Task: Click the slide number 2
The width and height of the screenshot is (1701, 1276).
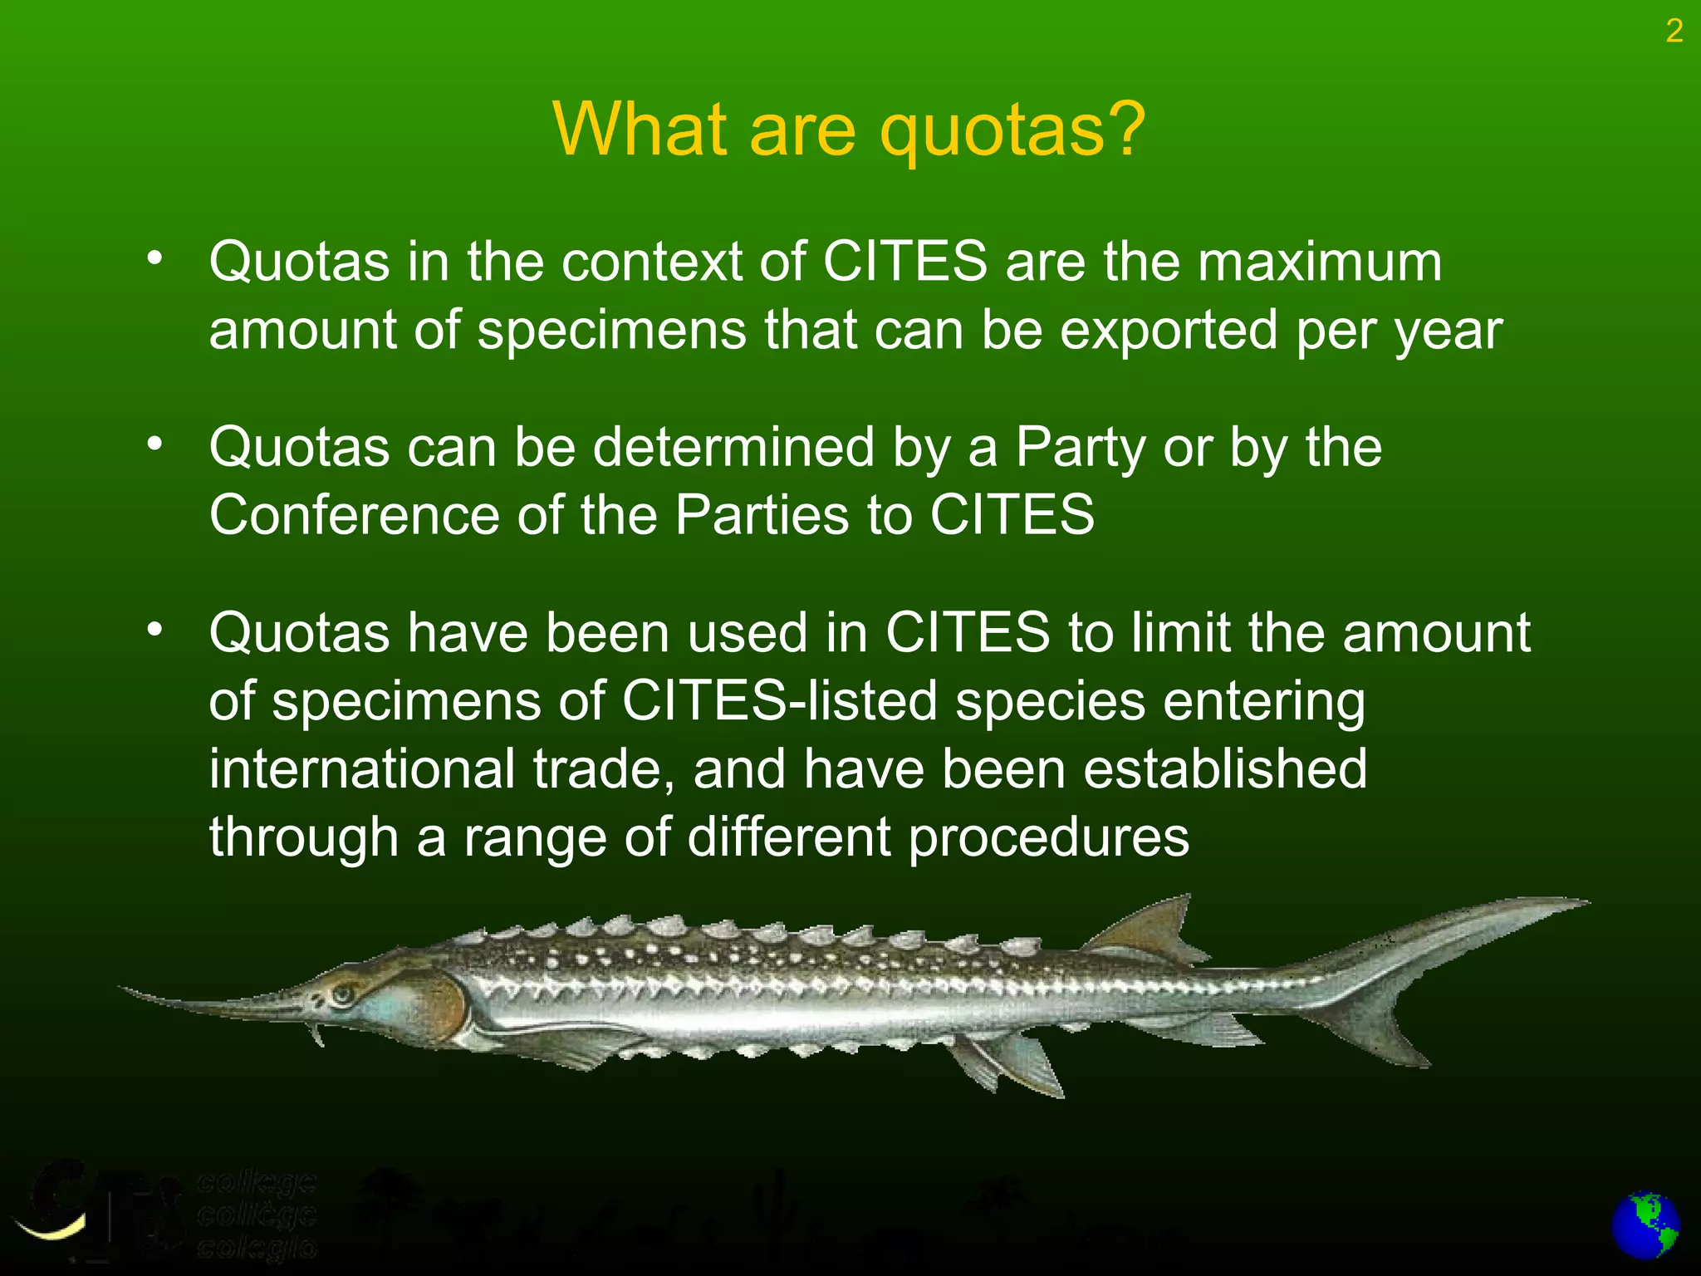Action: [1674, 32]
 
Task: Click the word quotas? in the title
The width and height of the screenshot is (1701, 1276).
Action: [1012, 130]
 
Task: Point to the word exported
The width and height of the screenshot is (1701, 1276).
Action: [1169, 331]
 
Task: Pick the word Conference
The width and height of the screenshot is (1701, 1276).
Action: [354, 515]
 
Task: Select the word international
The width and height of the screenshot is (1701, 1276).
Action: [361, 768]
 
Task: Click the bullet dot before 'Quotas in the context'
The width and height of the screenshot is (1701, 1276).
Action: [154, 259]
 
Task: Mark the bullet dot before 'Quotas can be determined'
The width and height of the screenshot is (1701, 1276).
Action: [154, 445]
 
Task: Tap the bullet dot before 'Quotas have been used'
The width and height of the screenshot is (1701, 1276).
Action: [154, 631]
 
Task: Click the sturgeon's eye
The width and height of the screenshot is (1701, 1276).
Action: [343, 992]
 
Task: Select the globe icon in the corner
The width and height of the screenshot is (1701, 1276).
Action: [1645, 1226]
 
